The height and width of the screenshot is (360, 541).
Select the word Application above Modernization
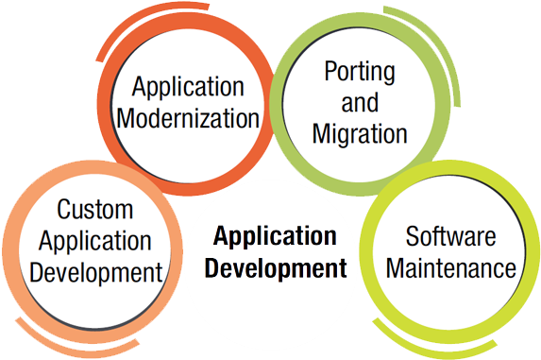pos(188,88)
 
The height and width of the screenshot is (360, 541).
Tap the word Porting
pos(359,72)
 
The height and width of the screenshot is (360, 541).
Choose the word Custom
pos(94,209)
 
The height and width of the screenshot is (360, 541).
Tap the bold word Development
pos(276,268)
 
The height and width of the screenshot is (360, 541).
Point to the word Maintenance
pos(451,268)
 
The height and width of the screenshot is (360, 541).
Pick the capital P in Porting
pos(329,72)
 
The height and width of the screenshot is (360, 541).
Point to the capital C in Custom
pos(63,209)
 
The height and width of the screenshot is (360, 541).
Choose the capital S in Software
pos(412,236)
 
